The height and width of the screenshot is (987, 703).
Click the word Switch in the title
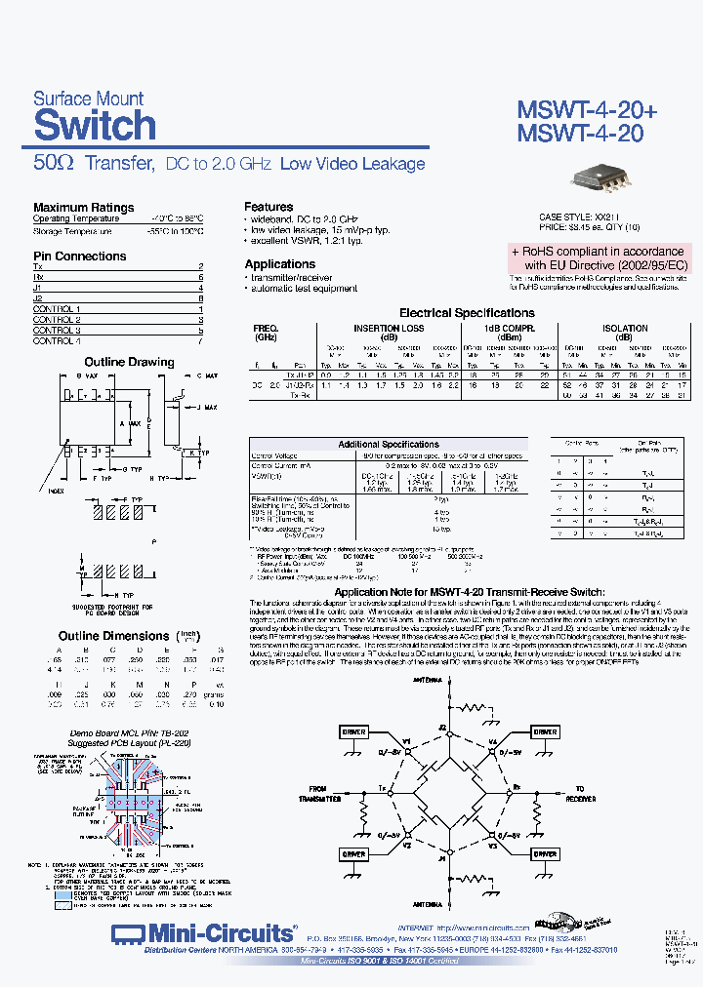click(95, 126)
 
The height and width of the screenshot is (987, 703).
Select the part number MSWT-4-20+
click(586, 111)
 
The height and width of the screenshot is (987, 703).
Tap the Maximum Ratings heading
click(83, 207)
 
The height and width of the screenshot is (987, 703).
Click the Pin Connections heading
click(79, 256)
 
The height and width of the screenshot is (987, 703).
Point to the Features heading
click(269, 207)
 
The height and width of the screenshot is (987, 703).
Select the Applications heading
click(279, 264)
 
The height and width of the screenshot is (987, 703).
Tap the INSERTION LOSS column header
click(389, 329)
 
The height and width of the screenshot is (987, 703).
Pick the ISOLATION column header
click(624, 329)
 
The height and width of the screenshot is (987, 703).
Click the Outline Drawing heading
click(129, 362)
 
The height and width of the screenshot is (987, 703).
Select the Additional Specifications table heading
click(388, 445)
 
